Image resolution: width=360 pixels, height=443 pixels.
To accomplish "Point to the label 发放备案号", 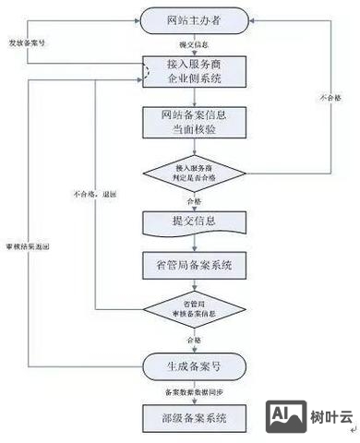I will [27, 42].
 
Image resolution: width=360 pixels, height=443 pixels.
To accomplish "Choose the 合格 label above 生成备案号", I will [194, 341].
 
